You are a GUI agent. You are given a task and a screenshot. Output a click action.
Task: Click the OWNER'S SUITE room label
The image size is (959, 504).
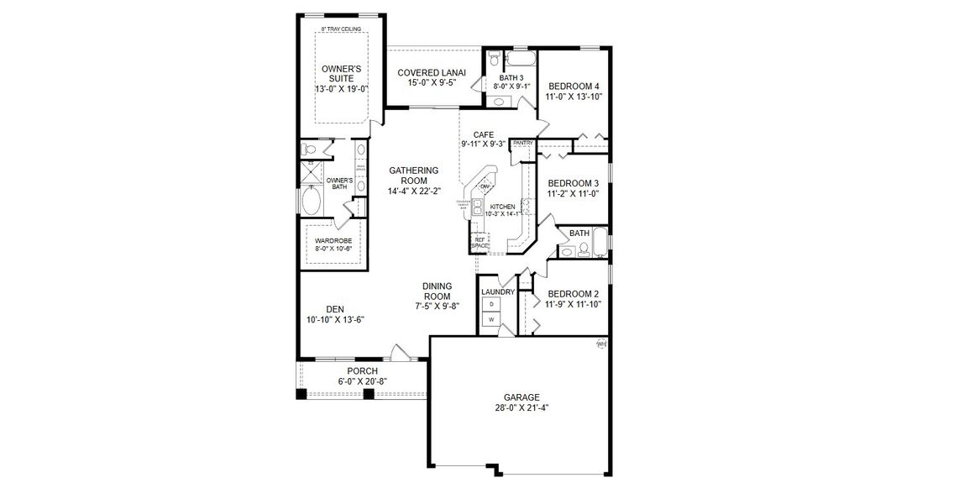click(342, 73)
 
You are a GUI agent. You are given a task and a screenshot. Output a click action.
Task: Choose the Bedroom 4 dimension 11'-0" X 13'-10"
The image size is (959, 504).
click(574, 97)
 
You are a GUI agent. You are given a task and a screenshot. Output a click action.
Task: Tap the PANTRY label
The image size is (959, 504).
click(522, 144)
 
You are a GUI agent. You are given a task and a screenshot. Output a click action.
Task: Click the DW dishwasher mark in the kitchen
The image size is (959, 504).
click(485, 186)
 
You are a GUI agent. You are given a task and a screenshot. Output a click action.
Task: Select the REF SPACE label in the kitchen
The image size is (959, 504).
click(480, 243)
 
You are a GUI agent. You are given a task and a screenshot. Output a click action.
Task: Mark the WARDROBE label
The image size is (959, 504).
click(333, 241)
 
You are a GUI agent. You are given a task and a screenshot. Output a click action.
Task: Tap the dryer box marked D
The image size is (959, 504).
click(491, 303)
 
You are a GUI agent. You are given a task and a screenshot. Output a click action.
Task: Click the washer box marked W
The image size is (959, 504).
click(491, 320)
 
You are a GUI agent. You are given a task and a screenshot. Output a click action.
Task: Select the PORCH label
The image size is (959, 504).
click(363, 370)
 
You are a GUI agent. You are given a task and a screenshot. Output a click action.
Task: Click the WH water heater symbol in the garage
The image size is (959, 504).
click(601, 344)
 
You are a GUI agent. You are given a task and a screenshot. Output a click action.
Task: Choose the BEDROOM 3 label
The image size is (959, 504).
click(574, 183)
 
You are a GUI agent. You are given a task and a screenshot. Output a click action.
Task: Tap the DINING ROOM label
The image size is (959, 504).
click(437, 291)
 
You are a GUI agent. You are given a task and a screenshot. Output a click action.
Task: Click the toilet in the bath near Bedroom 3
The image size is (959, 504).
click(568, 249)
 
